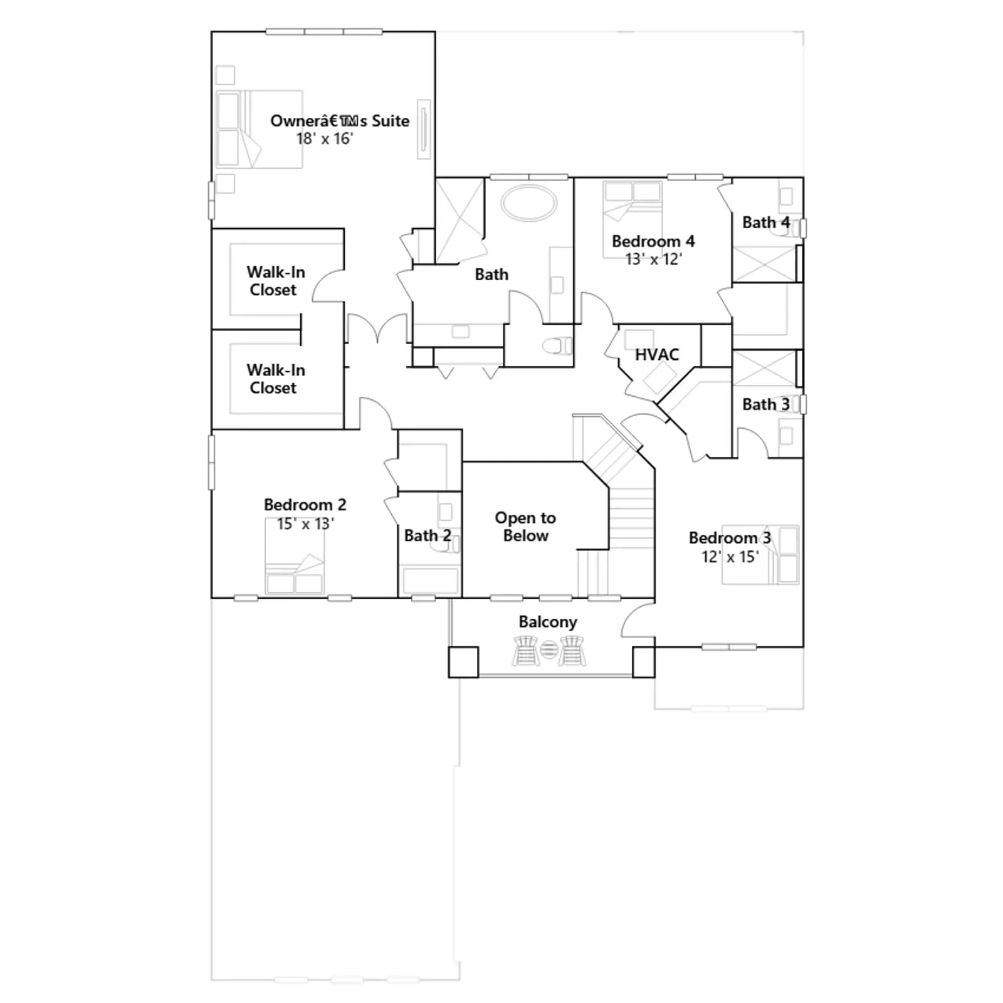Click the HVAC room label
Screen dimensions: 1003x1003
(656, 355)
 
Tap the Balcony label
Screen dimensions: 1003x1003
(547, 622)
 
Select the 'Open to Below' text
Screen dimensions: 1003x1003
(525, 527)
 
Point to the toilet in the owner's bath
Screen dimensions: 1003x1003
(557, 345)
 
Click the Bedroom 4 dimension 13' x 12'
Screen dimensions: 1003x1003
(653, 259)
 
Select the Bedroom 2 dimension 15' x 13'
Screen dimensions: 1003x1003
(305, 523)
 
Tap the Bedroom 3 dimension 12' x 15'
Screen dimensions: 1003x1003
(730, 557)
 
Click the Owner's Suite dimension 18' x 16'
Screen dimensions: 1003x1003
(325, 139)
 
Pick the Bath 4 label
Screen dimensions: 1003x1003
(765, 223)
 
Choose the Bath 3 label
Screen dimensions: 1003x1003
(765, 404)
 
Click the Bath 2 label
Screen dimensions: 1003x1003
(428, 535)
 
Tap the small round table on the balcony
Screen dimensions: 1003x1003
(549, 649)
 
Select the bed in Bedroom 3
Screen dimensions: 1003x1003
(760, 555)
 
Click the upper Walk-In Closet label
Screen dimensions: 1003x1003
(275, 281)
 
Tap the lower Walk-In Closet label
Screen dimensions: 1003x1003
(275, 379)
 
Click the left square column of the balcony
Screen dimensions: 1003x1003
(463, 662)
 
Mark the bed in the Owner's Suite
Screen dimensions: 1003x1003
(260, 129)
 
